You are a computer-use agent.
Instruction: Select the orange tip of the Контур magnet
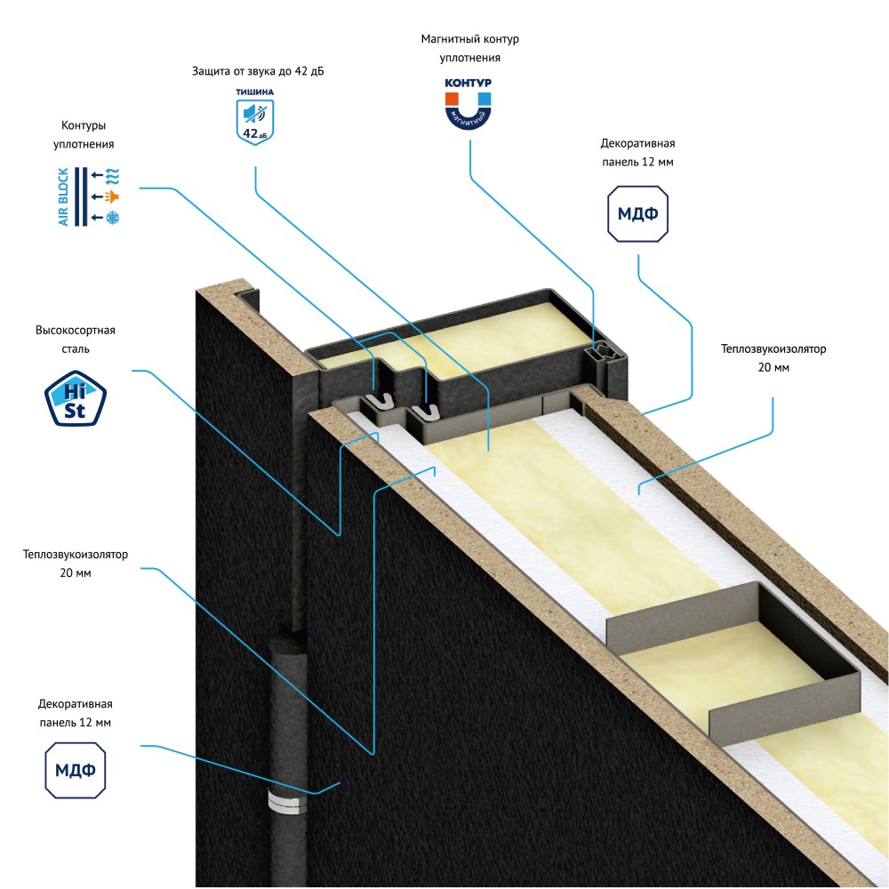453,95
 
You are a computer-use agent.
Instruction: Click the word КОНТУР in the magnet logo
468,83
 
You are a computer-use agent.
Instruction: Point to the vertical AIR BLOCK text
64,196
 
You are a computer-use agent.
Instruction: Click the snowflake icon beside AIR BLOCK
113,218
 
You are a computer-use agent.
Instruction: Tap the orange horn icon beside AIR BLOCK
113,196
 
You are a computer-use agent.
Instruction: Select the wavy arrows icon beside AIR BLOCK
113,173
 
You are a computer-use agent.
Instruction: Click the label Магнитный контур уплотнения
469,49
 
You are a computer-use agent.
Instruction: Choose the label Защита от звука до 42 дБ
258,71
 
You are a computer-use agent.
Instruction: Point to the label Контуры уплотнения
88,134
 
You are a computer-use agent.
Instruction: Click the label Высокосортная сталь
76,340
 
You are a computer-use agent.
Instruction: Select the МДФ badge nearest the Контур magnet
638,213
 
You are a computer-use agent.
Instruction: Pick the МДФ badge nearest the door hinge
76,770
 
